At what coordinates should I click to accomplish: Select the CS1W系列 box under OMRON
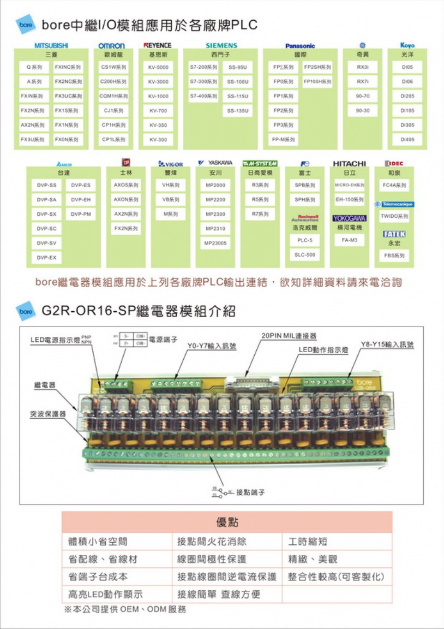114,67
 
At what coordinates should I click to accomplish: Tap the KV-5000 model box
158,67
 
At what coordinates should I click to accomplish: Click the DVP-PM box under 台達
81,214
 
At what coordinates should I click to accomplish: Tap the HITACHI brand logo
349,163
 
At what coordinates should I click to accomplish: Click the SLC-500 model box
305,254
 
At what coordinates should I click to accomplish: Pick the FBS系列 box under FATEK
394,255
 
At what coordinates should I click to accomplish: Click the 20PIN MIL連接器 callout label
289,336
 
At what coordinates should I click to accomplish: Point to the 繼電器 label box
45,385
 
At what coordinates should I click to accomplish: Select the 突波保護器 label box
48,414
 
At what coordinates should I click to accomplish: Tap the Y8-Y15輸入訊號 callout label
387,345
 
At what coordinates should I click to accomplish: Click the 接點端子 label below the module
250,492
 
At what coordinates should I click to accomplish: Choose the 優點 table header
227,522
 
